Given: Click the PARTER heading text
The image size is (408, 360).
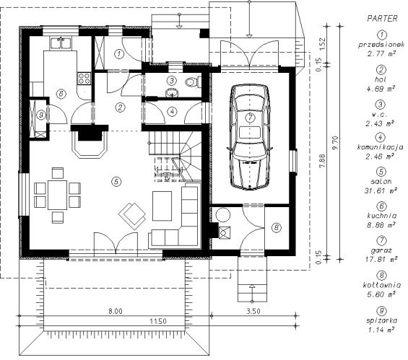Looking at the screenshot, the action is point(382,19).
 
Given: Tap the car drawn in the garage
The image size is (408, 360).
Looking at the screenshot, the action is point(250,137).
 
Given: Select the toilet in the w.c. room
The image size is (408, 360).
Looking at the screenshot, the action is point(193,82).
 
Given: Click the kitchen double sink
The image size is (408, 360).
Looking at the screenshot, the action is point(61,43).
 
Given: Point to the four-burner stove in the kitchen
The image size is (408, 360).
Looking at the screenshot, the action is point(84,78).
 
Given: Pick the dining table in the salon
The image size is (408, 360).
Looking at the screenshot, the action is point(57,195).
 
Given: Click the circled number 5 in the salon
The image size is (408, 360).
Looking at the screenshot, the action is point(116,181).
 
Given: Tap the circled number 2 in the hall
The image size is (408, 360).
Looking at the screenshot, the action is point(120,107).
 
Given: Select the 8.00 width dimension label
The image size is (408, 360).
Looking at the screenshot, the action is point(116,311).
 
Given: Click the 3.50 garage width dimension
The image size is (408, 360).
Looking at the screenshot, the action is point(253,311).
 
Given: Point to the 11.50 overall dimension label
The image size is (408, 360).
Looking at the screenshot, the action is point(158,321).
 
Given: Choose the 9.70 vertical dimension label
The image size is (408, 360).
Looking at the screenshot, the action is point(335,142).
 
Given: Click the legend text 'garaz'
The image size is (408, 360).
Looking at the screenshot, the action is point(381,250).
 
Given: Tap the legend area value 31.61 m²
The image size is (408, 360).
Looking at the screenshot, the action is point(381,190).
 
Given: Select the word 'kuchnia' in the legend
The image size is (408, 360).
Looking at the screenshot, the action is point(382,216).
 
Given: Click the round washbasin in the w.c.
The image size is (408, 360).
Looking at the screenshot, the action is point(172,92).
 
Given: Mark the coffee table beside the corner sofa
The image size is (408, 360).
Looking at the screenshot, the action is point(162,206).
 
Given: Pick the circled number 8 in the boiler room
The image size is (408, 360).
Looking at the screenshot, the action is point(276,228).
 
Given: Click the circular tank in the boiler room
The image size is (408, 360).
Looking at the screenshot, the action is point(223,215).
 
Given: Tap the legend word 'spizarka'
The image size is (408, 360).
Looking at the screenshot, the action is point(381,320).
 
